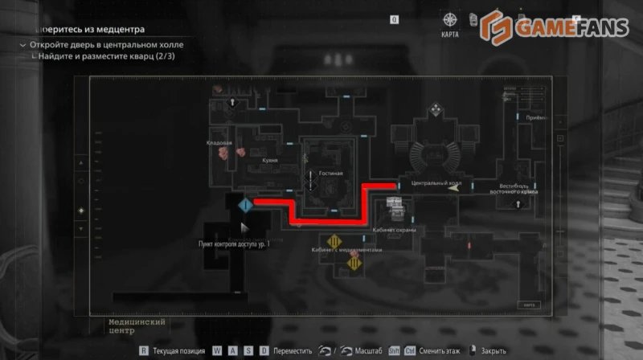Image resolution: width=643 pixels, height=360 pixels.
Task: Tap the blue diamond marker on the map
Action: [x=246, y=207]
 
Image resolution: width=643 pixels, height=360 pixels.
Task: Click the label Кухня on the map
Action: [x=269, y=160]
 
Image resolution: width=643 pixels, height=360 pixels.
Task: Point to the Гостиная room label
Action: [x=330, y=173]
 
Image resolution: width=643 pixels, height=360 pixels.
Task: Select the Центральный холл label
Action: [x=436, y=182]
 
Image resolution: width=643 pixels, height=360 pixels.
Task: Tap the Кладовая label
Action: [x=219, y=143]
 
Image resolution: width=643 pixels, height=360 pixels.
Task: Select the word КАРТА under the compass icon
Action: [x=450, y=35]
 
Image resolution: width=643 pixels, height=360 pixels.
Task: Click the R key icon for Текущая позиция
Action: [x=144, y=350]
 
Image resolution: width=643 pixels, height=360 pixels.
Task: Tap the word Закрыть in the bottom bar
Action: [x=493, y=350]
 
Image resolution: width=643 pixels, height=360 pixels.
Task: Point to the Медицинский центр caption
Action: [x=136, y=325]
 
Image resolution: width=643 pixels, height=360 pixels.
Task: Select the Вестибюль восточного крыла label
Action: [x=514, y=189]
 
